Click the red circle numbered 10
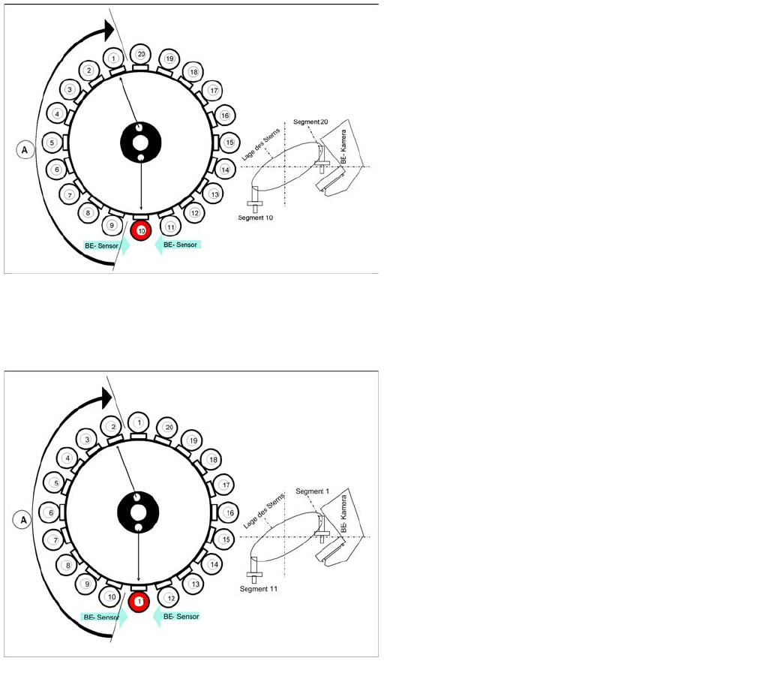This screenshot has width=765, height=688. (141, 230)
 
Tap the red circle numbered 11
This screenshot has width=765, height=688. (139, 601)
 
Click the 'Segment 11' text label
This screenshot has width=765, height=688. (259, 589)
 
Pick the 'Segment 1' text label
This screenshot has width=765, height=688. (313, 491)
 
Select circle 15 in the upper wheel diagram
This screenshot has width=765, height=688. (229, 143)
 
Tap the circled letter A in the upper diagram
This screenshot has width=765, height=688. (25, 150)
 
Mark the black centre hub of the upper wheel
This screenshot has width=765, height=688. (140, 143)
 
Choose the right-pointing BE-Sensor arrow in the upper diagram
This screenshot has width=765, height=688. (105, 245)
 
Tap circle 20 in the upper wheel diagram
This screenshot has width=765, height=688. (141, 54)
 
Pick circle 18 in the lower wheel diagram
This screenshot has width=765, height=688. (213, 459)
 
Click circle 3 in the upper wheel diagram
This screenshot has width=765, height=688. (69, 90)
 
